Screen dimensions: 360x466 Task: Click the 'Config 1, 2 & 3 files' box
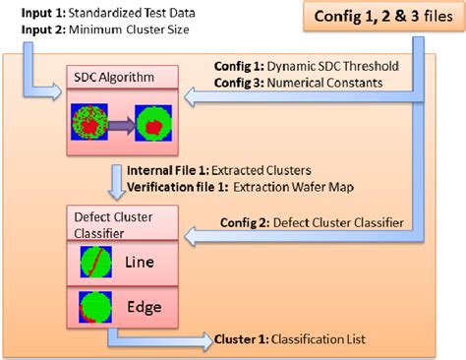point(379,18)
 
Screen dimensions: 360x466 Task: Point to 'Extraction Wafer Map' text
point(279,186)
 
